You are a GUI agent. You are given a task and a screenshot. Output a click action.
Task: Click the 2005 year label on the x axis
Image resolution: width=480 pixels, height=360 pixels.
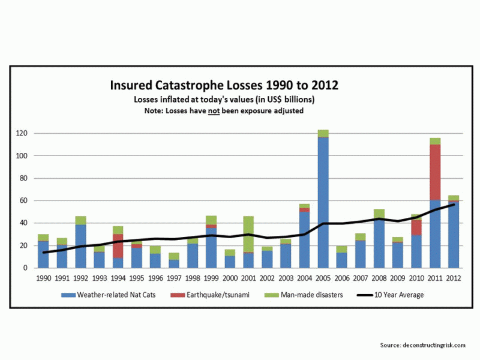point(323,278)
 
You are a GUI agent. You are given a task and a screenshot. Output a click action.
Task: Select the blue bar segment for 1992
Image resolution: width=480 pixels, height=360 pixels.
point(80,246)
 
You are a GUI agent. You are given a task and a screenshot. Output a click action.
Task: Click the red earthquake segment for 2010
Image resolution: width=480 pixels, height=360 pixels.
point(416,227)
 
